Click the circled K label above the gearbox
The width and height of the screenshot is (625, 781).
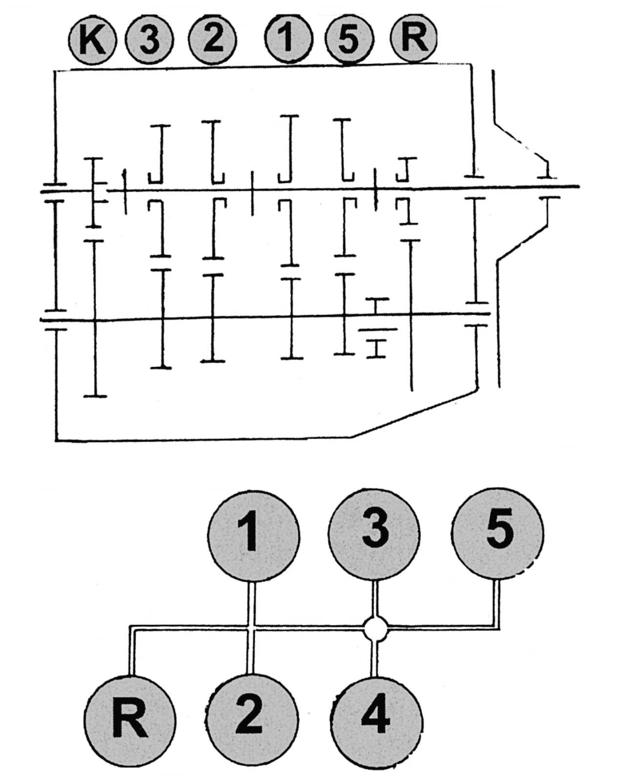pyautogui.click(x=92, y=40)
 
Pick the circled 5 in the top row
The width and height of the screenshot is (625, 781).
pyautogui.click(x=349, y=39)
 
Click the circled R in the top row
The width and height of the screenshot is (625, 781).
pyautogui.click(x=414, y=38)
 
